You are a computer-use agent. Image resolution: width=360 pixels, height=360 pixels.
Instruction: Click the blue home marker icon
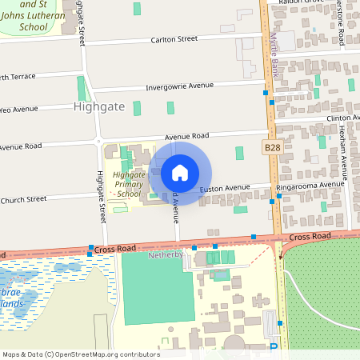coord(180,173)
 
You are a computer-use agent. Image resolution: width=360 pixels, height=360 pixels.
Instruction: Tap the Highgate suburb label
coord(99,106)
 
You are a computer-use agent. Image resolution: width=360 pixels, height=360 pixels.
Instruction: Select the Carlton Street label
coord(174,38)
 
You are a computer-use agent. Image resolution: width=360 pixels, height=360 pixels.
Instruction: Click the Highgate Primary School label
coord(129,184)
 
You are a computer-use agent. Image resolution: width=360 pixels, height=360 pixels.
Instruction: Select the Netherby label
coord(166,255)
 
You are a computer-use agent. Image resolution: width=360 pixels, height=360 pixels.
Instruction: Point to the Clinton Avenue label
coord(342,118)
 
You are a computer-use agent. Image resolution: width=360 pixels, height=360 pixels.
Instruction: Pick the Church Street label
coord(24,199)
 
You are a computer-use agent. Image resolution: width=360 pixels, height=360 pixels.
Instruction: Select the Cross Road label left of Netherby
coord(117,250)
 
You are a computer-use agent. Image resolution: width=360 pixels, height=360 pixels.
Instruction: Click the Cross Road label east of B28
coord(310,237)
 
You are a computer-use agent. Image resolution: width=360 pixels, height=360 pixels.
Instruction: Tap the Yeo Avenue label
coord(19,109)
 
